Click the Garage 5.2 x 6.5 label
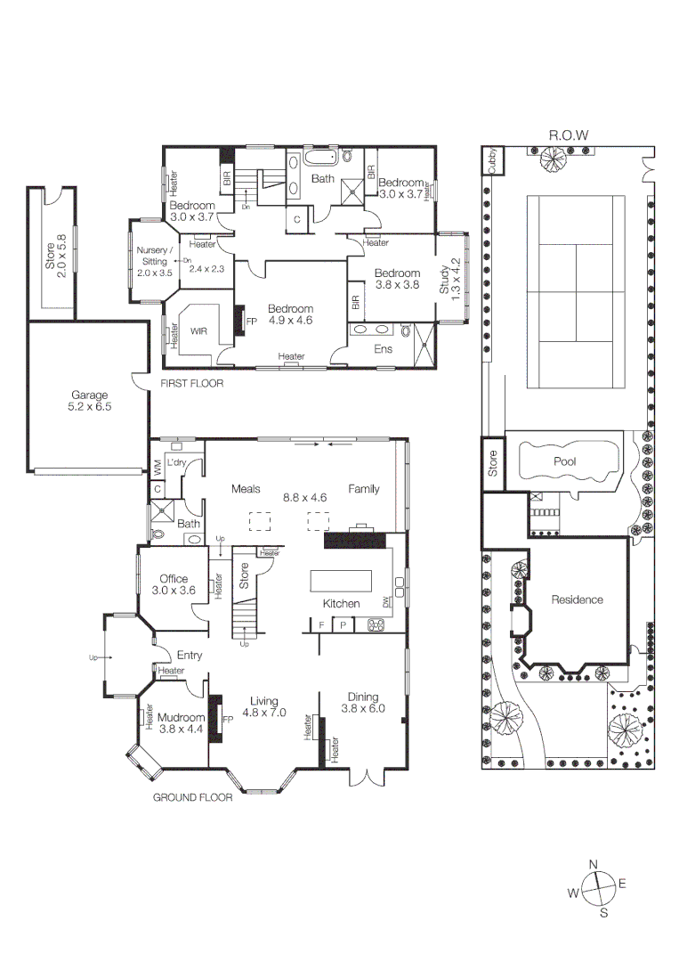90,401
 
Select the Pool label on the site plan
564,461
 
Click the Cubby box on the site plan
491,160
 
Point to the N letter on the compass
594,863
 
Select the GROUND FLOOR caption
193,797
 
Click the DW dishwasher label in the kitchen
386,603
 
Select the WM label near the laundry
157,465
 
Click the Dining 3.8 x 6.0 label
363,703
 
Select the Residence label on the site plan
577,599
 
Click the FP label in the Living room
227,719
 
